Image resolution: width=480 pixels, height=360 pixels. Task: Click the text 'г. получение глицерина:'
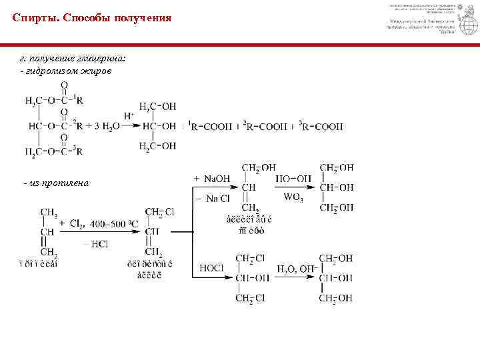click(x=72, y=59)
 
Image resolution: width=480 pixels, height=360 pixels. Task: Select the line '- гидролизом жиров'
click(x=65, y=70)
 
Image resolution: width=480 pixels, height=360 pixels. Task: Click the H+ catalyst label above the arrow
click(x=129, y=115)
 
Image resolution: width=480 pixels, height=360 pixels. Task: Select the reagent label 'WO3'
click(x=293, y=197)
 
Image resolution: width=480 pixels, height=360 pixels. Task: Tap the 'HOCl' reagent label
click(x=210, y=267)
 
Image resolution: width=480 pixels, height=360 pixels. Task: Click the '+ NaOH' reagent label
click(x=211, y=179)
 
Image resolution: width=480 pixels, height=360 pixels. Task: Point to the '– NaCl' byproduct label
click(x=212, y=198)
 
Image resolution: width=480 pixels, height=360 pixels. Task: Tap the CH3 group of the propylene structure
click(x=49, y=213)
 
